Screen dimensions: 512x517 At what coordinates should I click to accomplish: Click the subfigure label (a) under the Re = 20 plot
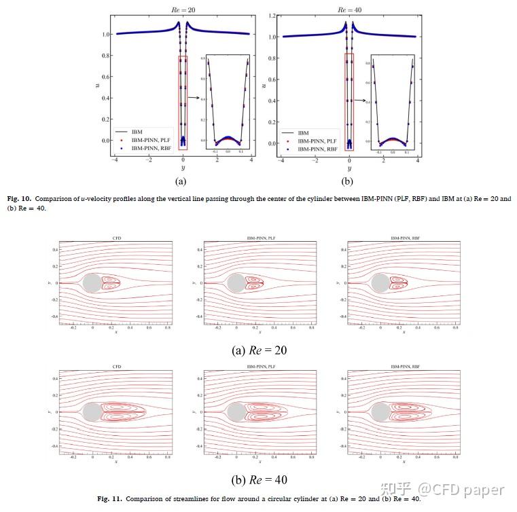coord(181,182)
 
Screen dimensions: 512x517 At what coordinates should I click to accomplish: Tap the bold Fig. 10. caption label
coord(18,198)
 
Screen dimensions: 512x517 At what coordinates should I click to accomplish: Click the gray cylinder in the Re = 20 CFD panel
coord(91,282)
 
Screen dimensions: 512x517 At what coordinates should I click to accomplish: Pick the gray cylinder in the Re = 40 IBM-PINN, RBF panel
coord(380,412)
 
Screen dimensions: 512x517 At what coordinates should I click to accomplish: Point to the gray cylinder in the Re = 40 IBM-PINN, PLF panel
coord(236,412)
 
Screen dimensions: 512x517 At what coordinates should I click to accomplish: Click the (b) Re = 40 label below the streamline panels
coord(259,480)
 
